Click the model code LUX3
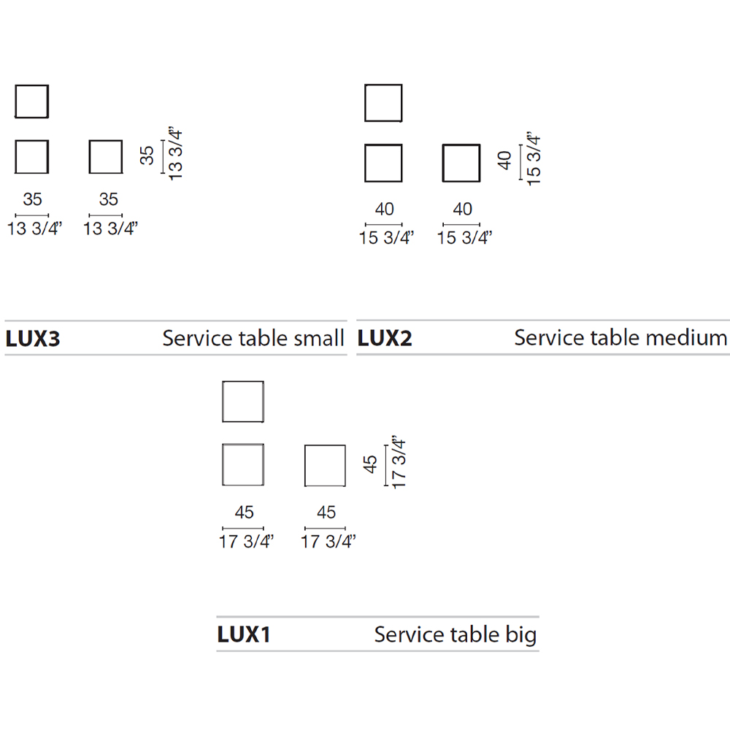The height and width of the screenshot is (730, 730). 33,339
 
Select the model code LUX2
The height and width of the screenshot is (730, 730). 385,338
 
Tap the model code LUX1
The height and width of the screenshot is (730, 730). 244,634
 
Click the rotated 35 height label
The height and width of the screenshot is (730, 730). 147,155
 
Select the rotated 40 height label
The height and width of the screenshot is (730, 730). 504,161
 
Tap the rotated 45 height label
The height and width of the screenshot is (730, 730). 370,464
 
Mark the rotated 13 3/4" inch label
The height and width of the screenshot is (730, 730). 175,153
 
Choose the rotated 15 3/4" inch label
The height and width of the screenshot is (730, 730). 533,158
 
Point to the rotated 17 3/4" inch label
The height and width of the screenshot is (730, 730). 399,462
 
